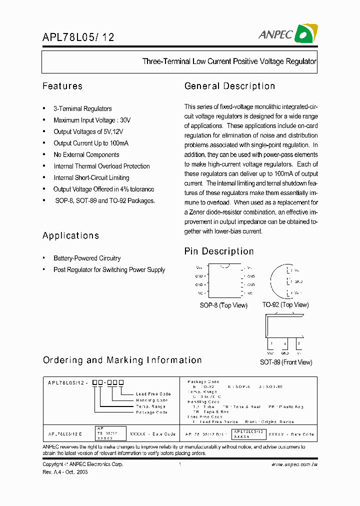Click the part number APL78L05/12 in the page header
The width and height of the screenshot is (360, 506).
pos(78,36)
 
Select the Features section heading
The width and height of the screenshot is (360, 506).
pos(62,86)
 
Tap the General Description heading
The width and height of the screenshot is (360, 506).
pos(229,86)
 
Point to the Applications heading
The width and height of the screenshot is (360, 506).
pos(70,235)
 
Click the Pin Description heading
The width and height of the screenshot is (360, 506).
pos(219,251)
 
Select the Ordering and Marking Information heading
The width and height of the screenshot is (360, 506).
pos(122,360)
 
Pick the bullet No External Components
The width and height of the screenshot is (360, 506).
pos(86,155)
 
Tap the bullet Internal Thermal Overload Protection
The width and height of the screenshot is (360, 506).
pos(101,166)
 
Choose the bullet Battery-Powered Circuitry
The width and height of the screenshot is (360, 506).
pos(87,258)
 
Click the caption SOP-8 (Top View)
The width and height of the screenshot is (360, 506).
pos(223,305)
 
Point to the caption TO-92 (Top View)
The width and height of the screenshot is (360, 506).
pos(285,305)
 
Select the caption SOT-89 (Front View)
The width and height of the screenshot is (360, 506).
pos(285,362)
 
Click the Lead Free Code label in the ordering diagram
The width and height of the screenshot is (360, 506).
pos(153,394)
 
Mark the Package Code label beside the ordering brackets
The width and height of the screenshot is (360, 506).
pos(151,412)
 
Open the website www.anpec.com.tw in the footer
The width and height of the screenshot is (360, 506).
pos(294,465)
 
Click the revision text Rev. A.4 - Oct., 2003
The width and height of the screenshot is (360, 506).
pos(65,472)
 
